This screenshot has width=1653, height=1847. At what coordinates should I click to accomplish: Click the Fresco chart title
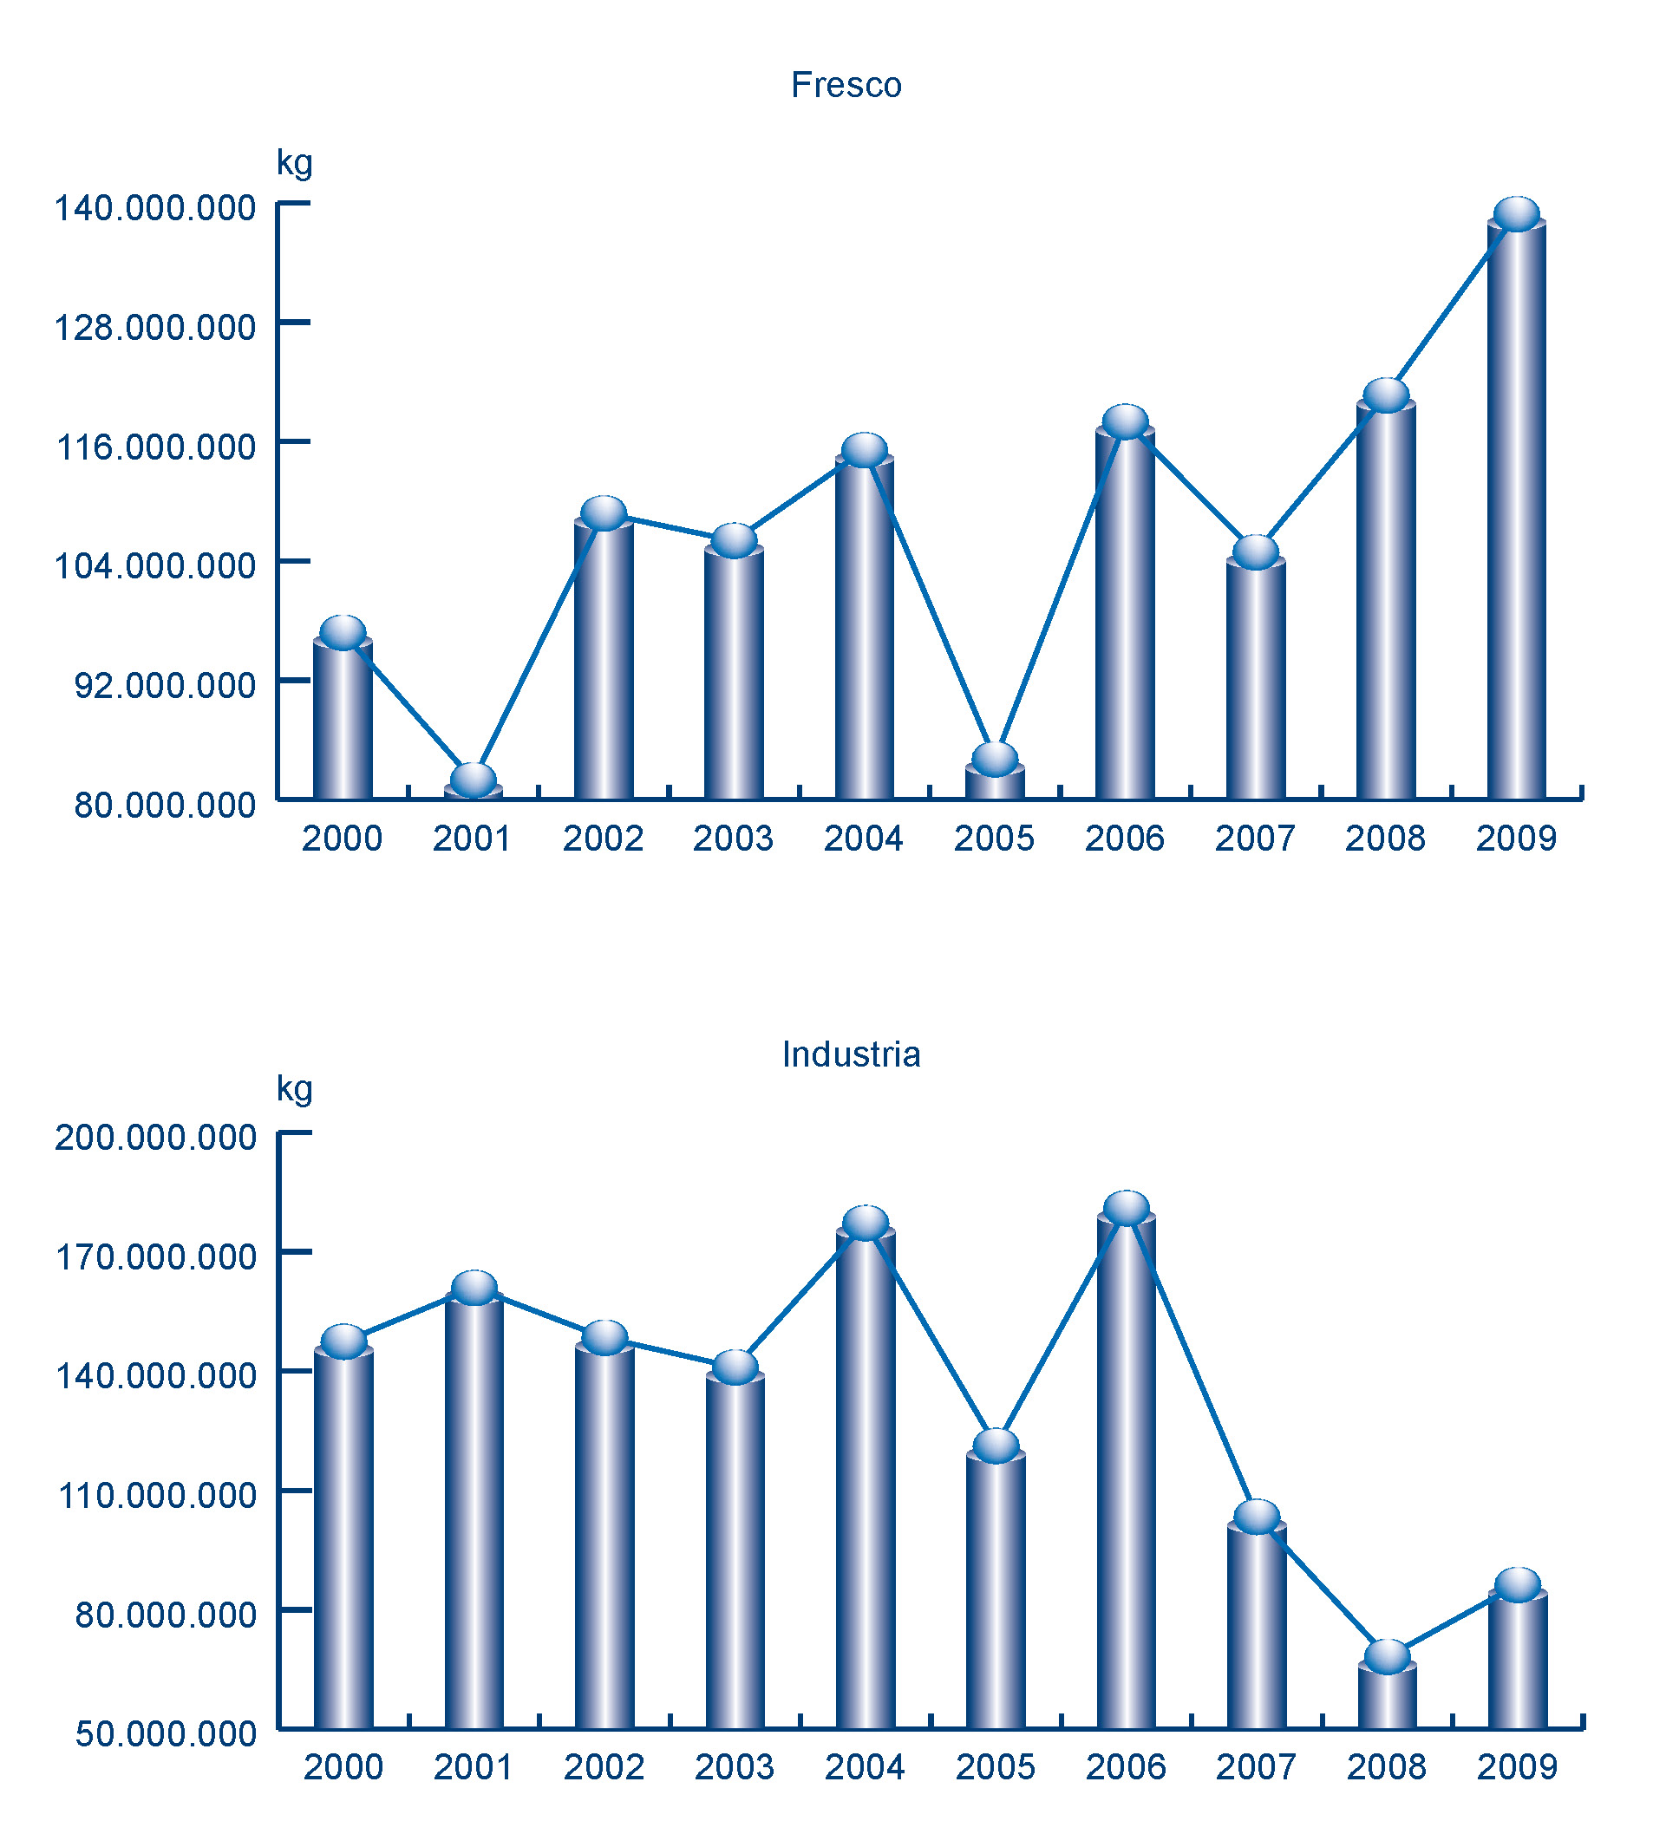click(846, 85)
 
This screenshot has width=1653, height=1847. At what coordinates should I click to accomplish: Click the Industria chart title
click(851, 1054)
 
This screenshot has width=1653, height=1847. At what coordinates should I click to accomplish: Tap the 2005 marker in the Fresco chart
click(996, 758)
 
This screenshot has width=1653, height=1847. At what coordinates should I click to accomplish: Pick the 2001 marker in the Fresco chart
click(474, 779)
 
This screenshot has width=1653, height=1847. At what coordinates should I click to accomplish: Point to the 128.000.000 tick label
click(155, 327)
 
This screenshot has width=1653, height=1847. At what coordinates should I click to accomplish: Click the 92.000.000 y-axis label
click(166, 685)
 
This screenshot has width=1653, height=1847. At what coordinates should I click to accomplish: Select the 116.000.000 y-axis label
click(155, 447)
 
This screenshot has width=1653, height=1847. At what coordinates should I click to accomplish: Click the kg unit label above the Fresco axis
click(294, 163)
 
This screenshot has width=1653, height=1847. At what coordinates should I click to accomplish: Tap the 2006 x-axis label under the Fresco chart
click(1124, 839)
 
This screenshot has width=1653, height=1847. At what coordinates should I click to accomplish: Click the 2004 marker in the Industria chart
click(866, 1223)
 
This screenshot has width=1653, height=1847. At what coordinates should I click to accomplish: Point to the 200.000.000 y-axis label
click(155, 1137)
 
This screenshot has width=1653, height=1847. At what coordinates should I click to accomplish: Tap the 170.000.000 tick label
click(155, 1256)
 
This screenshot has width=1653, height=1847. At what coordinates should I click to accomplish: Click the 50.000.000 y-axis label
click(166, 1734)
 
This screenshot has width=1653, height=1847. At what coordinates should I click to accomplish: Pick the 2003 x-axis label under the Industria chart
click(734, 1767)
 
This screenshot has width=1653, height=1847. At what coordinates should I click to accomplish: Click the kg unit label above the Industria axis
click(294, 1088)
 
